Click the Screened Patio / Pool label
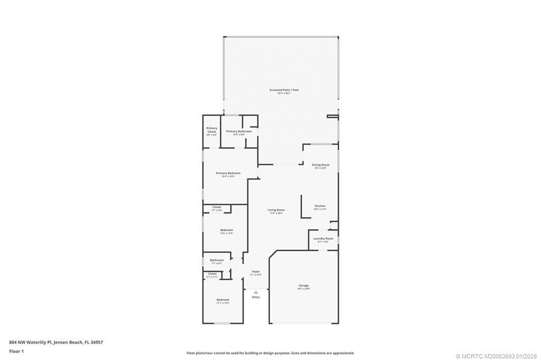(284, 90)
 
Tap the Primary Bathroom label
(235, 131)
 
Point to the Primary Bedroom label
(228, 173)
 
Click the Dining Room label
(320, 165)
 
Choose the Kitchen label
(320, 206)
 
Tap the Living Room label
(276, 210)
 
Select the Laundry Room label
(323, 239)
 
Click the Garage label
(304, 286)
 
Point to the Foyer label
(256, 272)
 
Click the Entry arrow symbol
(256, 292)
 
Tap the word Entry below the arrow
(256, 297)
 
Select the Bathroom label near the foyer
(217, 260)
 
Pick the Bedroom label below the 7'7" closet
(227, 230)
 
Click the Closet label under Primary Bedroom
(217, 207)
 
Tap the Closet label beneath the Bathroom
(212, 274)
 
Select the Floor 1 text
(16, 350)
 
